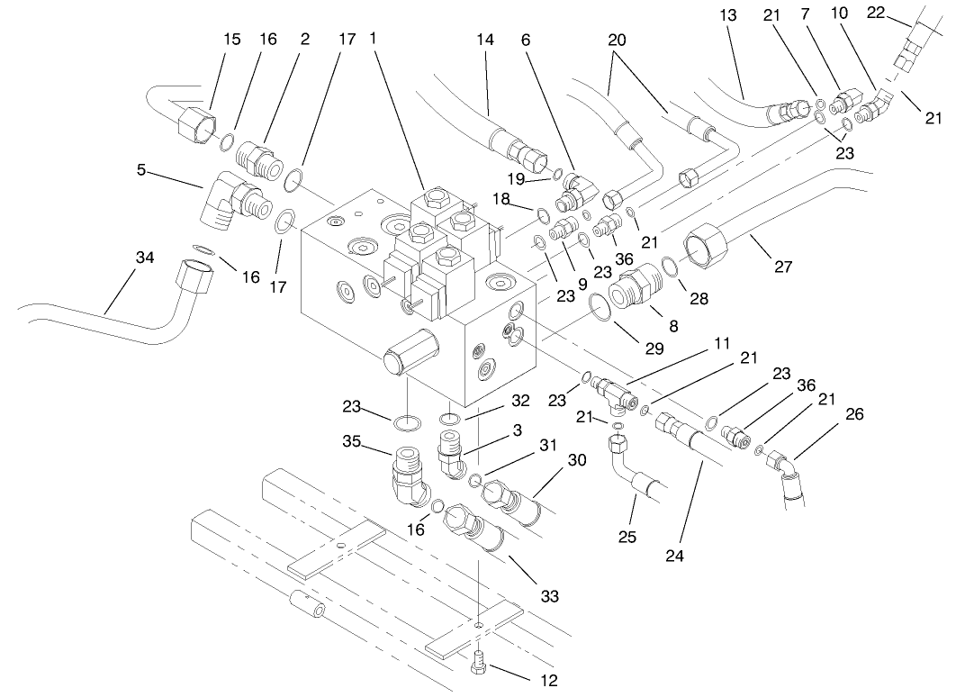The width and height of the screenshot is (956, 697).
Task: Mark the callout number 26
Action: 854,415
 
